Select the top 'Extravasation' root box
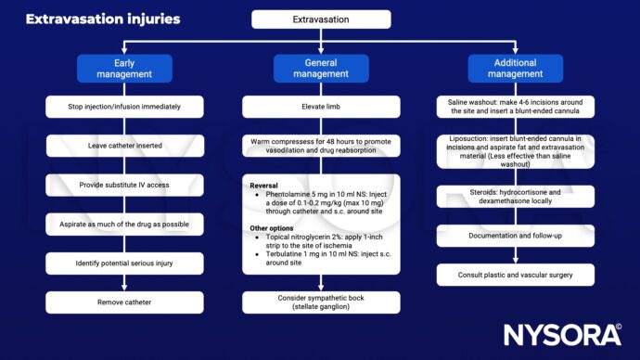coord(321,19)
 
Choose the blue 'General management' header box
coord(321,68)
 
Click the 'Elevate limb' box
coord(321,107)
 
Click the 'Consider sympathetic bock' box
coord(321,302)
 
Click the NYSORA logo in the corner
coord(561,333)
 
